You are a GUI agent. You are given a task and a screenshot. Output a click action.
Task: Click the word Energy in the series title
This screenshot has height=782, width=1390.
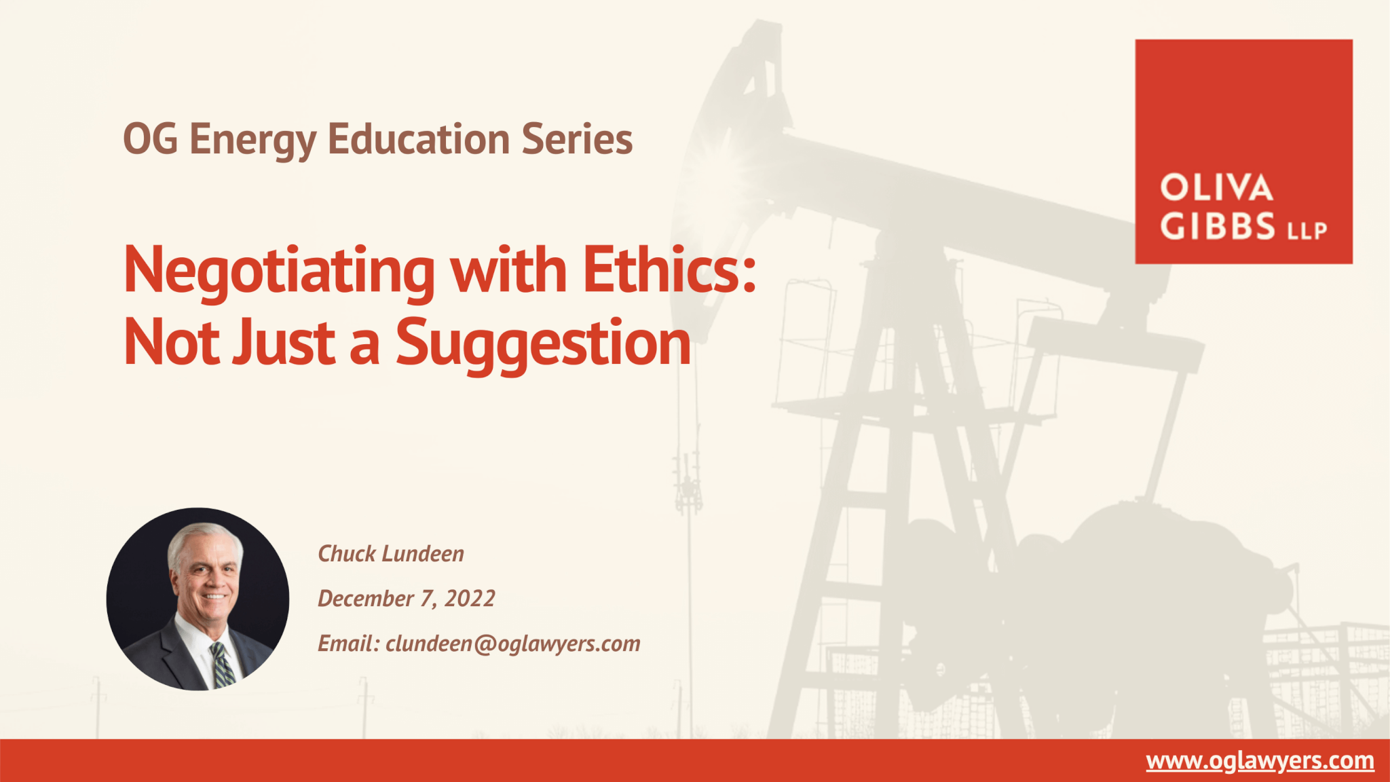(x=253, y=141)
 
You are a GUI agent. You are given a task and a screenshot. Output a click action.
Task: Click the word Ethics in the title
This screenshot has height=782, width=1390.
(x=669, y=269)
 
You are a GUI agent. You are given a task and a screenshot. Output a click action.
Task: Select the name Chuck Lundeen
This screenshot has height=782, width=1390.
(x=391, y=554)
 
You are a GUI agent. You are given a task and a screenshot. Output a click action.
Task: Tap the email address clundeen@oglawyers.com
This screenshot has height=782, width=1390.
(x=513, y=644)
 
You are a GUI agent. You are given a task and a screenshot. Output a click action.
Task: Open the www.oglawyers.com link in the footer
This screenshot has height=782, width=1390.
(x=1260, y=761)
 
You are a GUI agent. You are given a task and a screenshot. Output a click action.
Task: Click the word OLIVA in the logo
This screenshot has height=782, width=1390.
(x=1216, y=188)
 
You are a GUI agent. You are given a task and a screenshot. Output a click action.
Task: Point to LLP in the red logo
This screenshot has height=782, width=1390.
(x=1307, y=231)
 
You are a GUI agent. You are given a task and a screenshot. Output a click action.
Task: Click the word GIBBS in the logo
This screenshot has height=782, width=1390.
(x=1218, y=226)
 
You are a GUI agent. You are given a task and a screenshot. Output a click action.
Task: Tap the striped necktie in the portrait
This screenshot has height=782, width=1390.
(x=223, y=665)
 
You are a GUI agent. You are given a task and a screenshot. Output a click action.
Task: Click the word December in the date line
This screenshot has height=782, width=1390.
(x=366, y=599)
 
